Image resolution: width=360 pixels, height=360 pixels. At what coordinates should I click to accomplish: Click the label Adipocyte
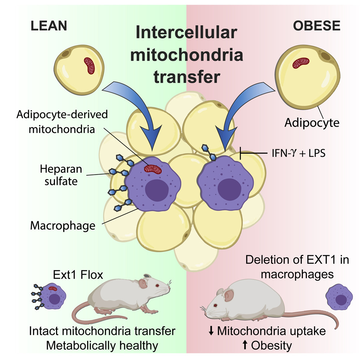pos(312,123)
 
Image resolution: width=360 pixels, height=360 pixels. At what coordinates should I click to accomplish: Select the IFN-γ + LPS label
pos(299,153)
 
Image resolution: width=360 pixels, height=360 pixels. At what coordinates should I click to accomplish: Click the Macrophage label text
pos(63,226)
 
